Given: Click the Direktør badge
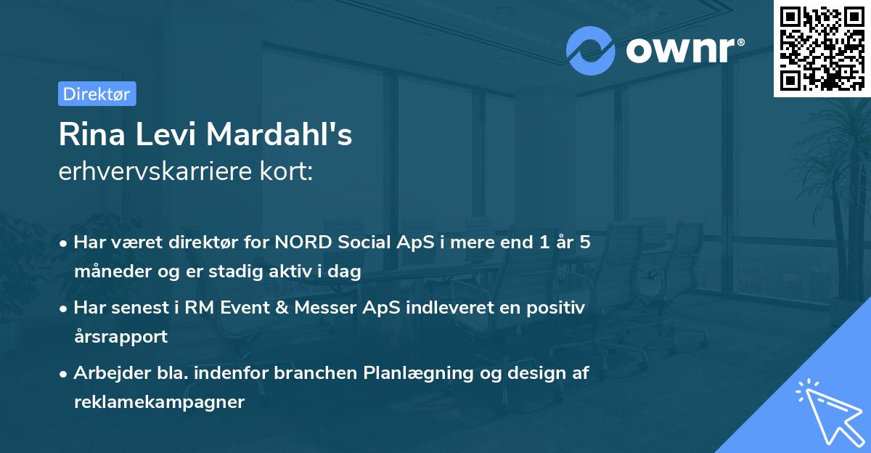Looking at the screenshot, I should (x=97, y=94).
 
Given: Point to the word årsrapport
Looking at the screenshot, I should (x=120, y=337).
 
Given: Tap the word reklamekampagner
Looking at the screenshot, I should (x=159, y=402).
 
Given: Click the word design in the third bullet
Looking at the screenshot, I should (x=535, y=373).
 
